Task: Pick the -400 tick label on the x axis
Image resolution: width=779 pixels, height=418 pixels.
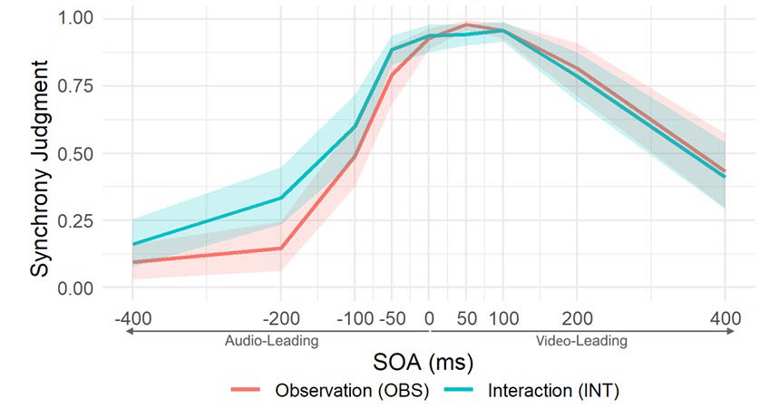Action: point(132,318)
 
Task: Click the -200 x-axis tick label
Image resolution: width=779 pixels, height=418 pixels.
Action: point(280,318)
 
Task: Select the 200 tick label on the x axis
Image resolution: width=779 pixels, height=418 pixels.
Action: point(577,318)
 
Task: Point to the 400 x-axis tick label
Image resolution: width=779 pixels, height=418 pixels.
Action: point(725,318)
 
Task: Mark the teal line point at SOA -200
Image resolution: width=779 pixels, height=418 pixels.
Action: point(280,198)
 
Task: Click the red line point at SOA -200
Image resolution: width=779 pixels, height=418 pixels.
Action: point(280,248)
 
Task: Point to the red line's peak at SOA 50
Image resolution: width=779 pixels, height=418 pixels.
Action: point(466,24)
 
